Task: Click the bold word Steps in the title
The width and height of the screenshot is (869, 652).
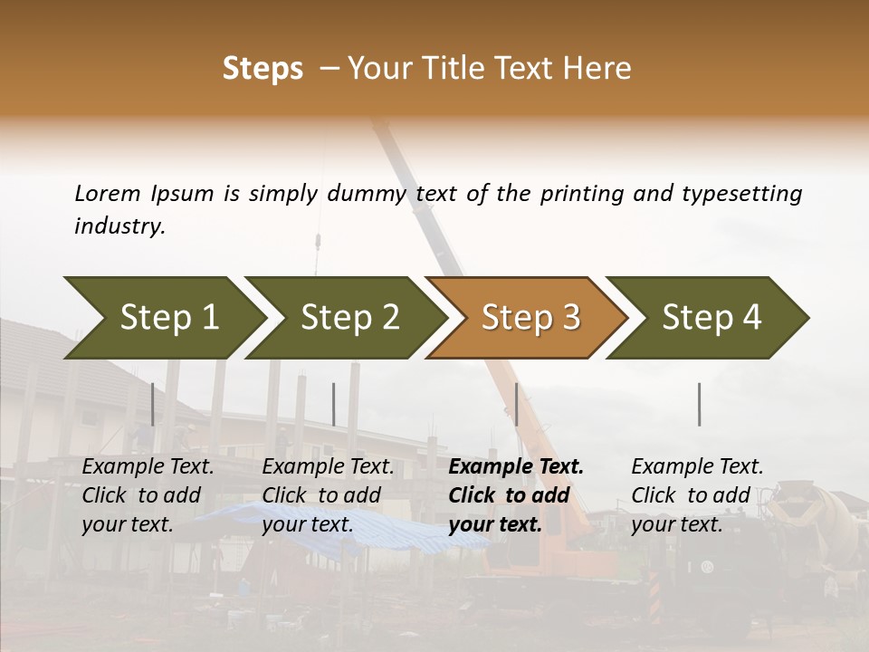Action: coord(263,69)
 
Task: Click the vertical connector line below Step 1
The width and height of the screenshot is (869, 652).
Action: coord(153,404)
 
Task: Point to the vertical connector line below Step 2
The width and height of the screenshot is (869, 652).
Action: coord(334,404)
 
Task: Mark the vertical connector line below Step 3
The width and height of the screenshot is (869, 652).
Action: coord(516,404)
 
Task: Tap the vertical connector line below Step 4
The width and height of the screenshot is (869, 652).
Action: coord(700,404)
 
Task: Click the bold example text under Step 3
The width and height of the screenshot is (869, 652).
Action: coord(516,495)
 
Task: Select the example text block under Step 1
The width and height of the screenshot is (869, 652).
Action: coord(148,495)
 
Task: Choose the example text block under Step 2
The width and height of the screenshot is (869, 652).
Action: coord(328,495)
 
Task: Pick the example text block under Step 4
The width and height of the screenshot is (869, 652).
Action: coord(697,495)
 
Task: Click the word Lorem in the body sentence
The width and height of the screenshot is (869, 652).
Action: coord(108,194)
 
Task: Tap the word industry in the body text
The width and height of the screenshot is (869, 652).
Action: coord(119,226)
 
